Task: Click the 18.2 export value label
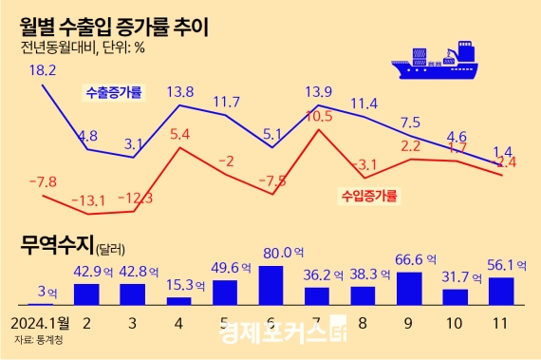(43, 69)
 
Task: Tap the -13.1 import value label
(90, 200)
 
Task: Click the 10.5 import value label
(320, 116)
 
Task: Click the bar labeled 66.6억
(409, 287)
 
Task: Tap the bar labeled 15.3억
(178, 299)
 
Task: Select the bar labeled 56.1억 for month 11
(500, 290)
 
